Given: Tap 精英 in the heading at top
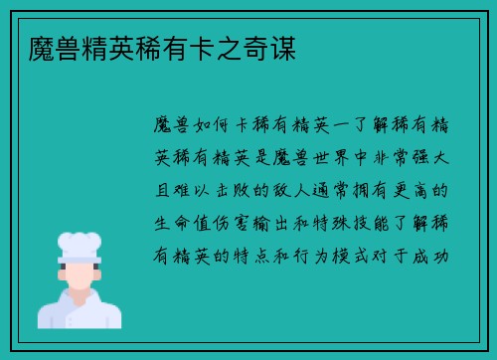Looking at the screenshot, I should point(91,46).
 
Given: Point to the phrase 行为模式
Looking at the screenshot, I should point(356,256).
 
